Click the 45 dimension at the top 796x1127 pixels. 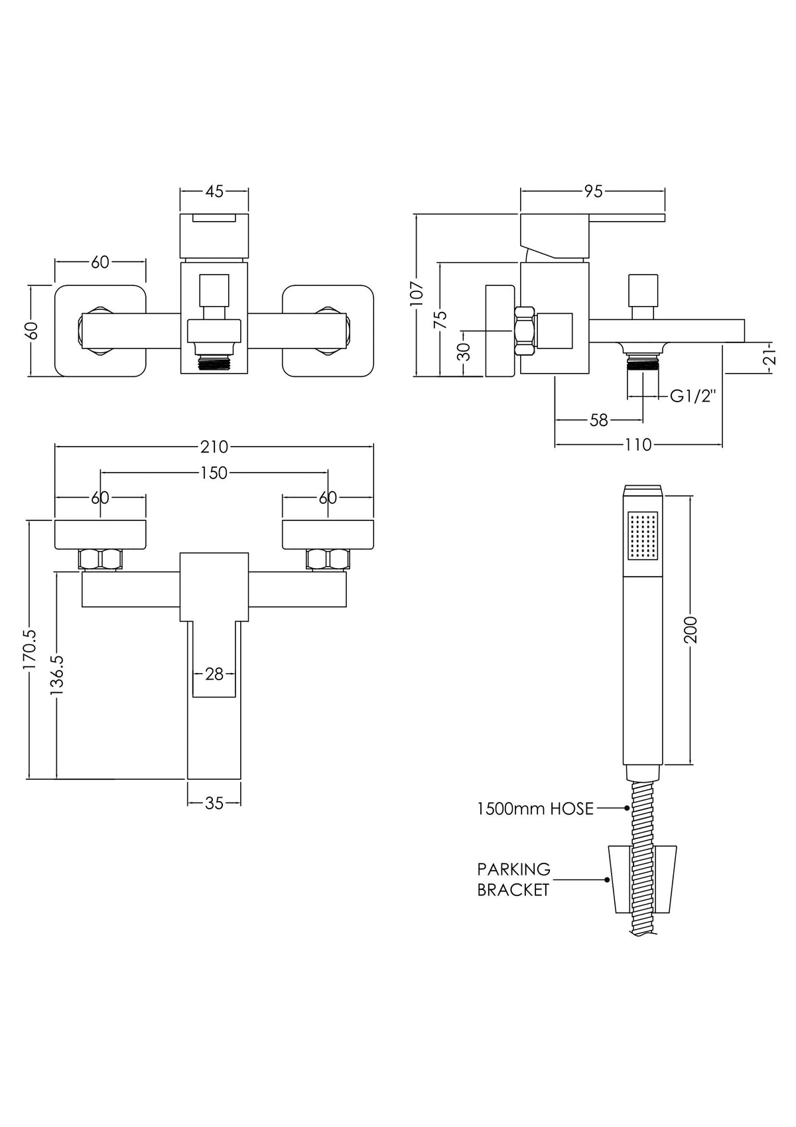tap(214, 191)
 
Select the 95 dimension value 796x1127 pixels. tap(593, 191)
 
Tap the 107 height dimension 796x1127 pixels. tap(417, 293)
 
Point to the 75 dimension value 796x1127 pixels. tap(441, 319)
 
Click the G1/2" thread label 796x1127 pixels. tap(694, 396)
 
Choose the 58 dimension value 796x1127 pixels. tap(598, 420)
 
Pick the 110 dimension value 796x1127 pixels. tap(638, 445)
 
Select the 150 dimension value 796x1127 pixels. tap(214, 473)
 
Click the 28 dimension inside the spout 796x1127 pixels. tap(214, 674)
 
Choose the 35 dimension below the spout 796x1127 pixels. tap(214, 803)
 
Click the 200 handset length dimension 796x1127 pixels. tap(691, 630)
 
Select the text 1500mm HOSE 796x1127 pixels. tap(535, 808)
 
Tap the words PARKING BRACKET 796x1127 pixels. tap(514, 879)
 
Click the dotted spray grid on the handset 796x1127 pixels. tap(643, 535)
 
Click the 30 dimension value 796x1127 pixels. tap(465, 351)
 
